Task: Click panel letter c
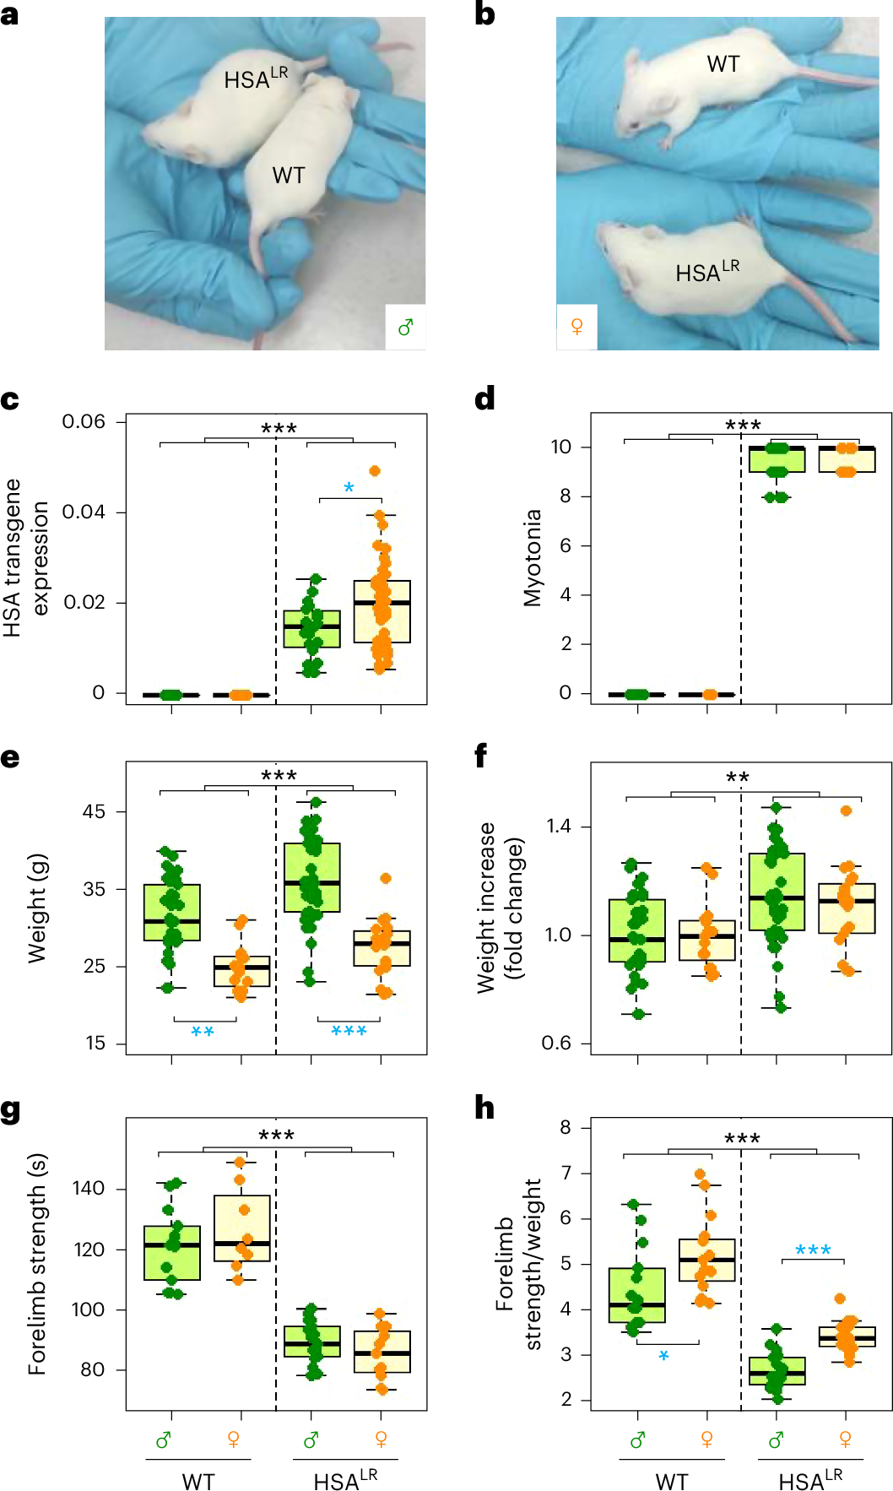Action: click(10, 399)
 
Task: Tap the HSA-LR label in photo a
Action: click(255, 79)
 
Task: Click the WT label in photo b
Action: click(723, 64)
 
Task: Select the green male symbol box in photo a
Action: click(405, 327)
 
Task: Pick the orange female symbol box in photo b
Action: click(577, 327)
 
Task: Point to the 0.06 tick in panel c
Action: click(84, 421)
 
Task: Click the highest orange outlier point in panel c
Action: click(375, 471)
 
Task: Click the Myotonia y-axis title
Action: click(533, 557)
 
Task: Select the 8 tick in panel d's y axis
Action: click(565, 496)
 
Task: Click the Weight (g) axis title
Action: click(36, 908)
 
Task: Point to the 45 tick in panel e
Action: click(94, 811)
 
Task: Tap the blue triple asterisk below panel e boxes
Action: click(349, 1032)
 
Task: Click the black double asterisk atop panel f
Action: click(738, 778)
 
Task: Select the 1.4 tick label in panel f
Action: click(558, 826)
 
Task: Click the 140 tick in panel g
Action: click(88, 1188)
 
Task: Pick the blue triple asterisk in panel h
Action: click(813, 1250)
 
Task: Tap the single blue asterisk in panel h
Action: click(663, 1356)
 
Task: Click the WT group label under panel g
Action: click(198, 1482)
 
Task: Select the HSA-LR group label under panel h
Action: click(809, 1480)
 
